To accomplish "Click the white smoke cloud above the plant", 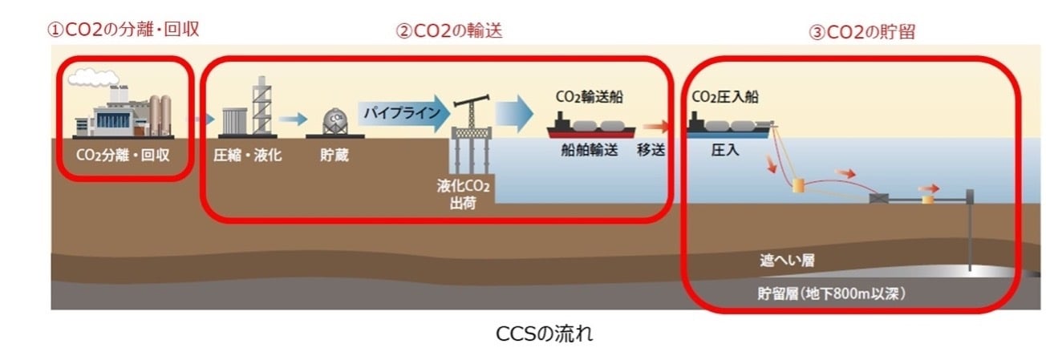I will tap(92, 78).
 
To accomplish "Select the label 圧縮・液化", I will tap(248, 155).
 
